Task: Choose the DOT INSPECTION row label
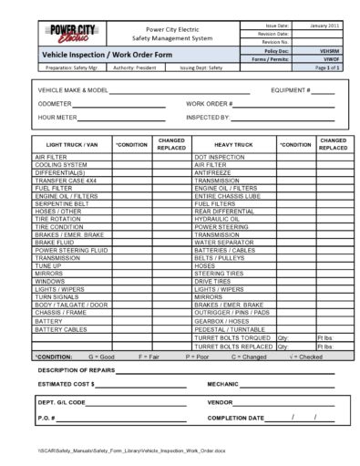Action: tap(220, 158)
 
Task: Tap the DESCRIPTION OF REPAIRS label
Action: tap(77, 370)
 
